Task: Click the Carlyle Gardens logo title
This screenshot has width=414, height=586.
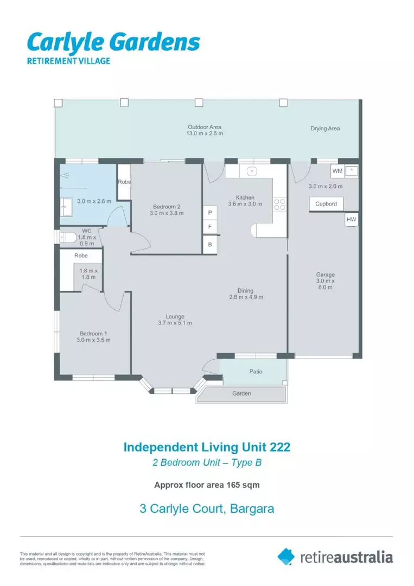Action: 113,42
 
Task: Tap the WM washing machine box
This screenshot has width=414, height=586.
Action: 337,171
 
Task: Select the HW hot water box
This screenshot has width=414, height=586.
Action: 351,219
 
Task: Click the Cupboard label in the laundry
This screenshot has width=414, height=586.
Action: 326,204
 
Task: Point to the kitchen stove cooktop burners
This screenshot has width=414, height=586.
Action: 281,204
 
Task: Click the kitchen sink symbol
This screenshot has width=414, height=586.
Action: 251,171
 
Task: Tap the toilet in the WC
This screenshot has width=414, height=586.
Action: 67,237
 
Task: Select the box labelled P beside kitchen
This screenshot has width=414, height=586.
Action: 209,213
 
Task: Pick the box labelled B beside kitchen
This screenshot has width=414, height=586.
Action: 209,244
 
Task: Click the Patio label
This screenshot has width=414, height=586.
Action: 256,372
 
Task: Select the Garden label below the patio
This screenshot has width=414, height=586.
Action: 241,393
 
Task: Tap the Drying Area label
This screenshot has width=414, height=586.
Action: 325,129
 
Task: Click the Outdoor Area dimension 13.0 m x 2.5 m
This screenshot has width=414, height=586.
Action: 205,133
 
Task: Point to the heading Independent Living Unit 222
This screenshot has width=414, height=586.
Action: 207,448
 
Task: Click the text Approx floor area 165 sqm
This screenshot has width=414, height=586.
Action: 207,485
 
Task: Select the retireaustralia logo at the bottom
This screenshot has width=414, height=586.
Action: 335,557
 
